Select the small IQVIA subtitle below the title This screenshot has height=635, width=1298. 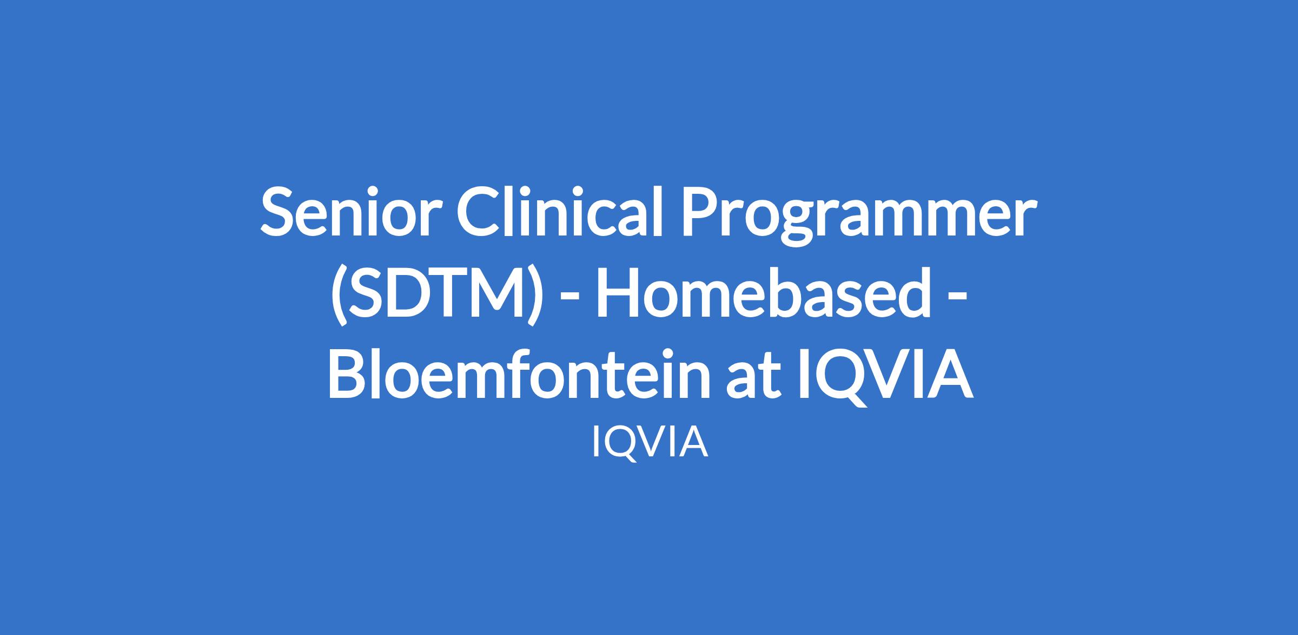(x=650, y=442)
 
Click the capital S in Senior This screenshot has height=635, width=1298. (x=277, y=212)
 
